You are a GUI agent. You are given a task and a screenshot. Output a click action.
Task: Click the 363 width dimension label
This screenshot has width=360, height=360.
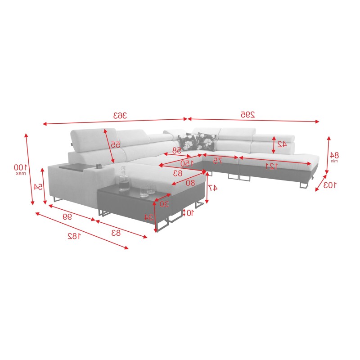120,115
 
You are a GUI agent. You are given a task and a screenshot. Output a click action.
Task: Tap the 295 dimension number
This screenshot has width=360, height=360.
247,115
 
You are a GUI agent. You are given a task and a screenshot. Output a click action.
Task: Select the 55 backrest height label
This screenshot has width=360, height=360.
115,144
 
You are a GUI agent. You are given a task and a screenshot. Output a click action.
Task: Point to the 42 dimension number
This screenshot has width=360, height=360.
282,144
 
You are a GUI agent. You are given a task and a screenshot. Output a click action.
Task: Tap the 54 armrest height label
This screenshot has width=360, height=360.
38,186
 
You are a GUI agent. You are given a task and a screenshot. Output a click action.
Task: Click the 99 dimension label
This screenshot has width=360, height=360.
67,216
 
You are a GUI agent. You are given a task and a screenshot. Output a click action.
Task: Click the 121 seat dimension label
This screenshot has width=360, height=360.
271,166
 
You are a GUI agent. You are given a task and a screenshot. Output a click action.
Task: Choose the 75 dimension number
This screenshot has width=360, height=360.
218,160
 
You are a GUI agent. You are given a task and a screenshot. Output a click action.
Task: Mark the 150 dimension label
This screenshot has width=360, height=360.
186,163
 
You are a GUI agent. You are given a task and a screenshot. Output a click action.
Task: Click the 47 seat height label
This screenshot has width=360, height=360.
213,188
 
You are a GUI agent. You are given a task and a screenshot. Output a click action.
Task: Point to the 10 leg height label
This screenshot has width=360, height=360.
190,212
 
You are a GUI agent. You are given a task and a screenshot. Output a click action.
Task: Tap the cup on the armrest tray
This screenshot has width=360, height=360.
98,166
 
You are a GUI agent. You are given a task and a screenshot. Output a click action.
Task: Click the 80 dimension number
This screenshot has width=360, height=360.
191,182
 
